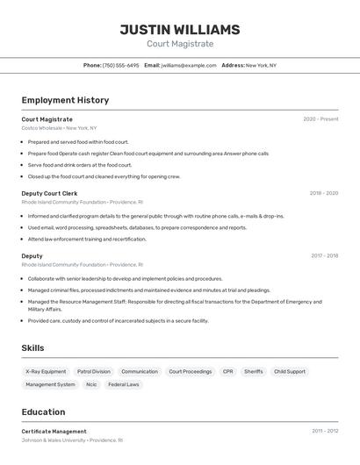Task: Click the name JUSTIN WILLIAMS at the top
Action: click(x=180, y=30)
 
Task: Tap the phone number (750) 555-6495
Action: click(x=120, y=65)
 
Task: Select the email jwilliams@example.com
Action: click(x=189, y=65)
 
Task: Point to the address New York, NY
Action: click(x=261, y=65)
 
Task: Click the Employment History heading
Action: click(x=65, y=100)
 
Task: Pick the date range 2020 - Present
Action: click(x=320, y=119)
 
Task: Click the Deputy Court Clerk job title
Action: click(x=49, y=193)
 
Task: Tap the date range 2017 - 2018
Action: click(x=324, y=256)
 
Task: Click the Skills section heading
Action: click(x=32, y=348)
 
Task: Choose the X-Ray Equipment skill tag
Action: click(x=46, y=371)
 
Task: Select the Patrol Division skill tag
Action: click(x=94, y=371)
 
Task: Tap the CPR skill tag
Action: click(x=227, y=371)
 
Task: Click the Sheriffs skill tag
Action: click(x=253, y=371)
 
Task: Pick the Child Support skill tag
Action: click(x=290, y=371)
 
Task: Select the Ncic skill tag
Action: click(x=91, y=384)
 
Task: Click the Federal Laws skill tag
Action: click(x=124, y=384)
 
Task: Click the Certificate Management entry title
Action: click(x=54, y=432)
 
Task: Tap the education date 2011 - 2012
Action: click(x=324, y=432)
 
